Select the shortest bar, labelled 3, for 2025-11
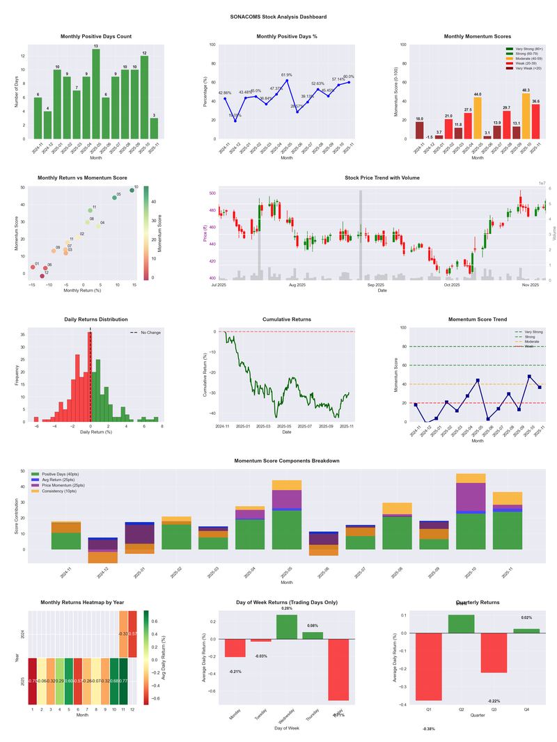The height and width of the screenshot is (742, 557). tap(154, 129)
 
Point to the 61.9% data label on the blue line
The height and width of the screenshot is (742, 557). tap(287, 74)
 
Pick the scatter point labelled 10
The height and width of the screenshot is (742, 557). tap(132, 190)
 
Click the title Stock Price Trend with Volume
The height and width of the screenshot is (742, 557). tap(382, 178)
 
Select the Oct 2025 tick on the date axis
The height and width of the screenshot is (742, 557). tap(452, 285)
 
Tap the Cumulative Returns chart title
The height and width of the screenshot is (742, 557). tap(286, 319)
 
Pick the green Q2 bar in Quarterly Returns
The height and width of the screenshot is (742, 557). tap(461, 624)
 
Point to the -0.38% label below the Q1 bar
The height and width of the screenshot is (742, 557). tap(428, 729)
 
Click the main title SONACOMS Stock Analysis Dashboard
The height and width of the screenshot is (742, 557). tap(278, 17)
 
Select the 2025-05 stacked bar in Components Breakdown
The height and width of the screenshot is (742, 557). tap(287, 515)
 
